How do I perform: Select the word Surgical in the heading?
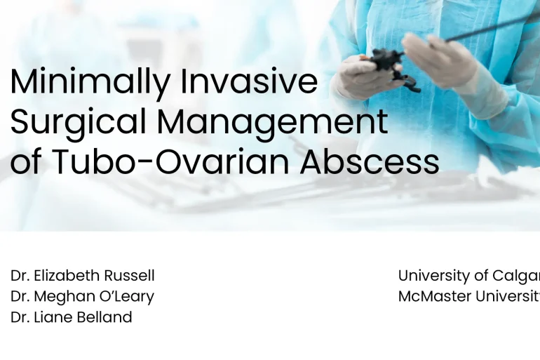click(x=78, y=122)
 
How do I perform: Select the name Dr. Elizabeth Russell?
click(x=82, y=276)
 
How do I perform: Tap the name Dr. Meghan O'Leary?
click(x=82, y=296)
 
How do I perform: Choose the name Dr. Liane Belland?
click(x=71, y=317)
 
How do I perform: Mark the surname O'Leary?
click(x=129, y=296)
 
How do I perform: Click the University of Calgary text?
click(x=468, y=276)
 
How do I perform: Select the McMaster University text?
click(x=468, y=296)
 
